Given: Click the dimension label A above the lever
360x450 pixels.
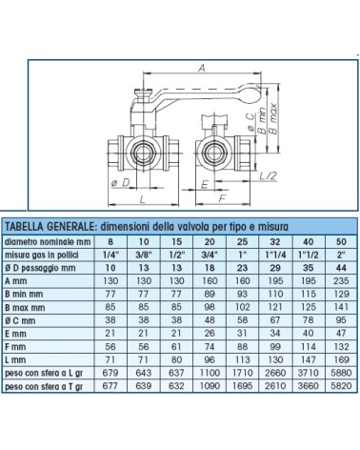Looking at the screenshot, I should pos(200,69).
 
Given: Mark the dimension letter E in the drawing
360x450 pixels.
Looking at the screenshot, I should pos(204,181).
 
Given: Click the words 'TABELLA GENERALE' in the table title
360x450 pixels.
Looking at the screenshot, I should pos(47,226).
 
